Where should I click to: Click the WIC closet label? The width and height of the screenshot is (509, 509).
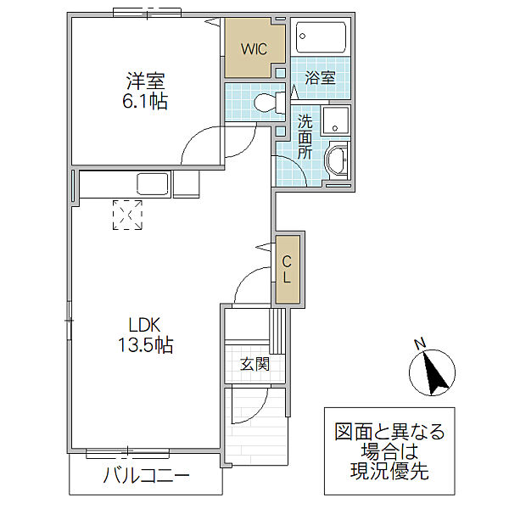coord(253,49)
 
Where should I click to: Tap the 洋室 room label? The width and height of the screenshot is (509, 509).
coord(145,82)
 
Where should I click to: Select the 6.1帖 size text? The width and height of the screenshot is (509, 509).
coord(145,103)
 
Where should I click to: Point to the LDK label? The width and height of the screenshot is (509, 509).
coord(144,324)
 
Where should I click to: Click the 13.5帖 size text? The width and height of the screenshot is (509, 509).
coord(145,345)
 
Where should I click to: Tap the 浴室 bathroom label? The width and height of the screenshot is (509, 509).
coord(320,78)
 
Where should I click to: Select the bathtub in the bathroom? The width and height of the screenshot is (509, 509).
coord(321,37)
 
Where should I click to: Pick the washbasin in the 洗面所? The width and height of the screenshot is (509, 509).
coord(338,160)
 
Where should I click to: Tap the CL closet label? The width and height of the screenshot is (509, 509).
coord(287,269)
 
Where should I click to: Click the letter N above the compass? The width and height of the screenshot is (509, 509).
coord(418,344)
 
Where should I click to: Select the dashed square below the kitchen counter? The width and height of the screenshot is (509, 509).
coord(129,215)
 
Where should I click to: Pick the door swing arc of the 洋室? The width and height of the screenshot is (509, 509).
coord(202,143)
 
